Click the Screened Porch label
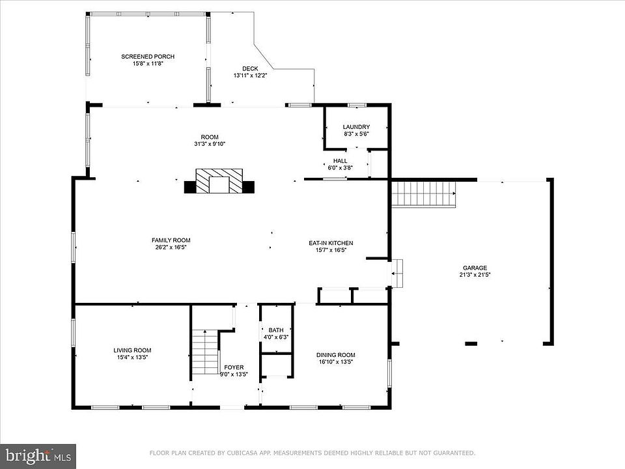point(148,57)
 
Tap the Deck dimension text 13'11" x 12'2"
point(250,76)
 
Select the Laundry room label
point(356,127)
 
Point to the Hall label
point(340,161)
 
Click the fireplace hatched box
point(219,181)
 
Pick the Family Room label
point(171,240)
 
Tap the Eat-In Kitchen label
point(331,243)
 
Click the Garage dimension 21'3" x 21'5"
point(475,274)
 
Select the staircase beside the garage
point(424,194)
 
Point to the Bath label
point(276,330)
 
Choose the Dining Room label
point(336,355)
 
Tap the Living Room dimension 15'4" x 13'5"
point(132,358)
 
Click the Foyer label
point(234,367)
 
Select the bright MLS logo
point(38,456)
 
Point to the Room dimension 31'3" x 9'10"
point(210,144)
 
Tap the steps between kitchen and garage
point(397,273)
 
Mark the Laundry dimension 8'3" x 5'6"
point(356,134)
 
